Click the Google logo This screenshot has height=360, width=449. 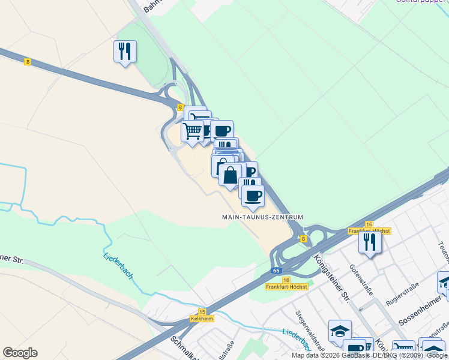[20, 353]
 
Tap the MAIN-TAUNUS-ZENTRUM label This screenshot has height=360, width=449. [262, 217]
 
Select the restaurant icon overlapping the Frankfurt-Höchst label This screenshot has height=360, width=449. [370, 241]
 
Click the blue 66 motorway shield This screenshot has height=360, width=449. [276, 271]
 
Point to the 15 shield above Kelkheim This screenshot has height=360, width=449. [202, 312]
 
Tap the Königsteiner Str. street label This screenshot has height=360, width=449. [331, 277]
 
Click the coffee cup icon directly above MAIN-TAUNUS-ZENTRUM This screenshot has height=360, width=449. [253, 194]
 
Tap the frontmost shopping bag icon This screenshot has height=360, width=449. [231, 175]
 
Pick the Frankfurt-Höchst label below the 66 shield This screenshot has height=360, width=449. [286, 287]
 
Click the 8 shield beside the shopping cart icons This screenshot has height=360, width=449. [180, 107]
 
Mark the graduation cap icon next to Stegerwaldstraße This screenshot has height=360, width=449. [339, 331]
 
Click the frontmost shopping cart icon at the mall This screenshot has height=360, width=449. [193, 131]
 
